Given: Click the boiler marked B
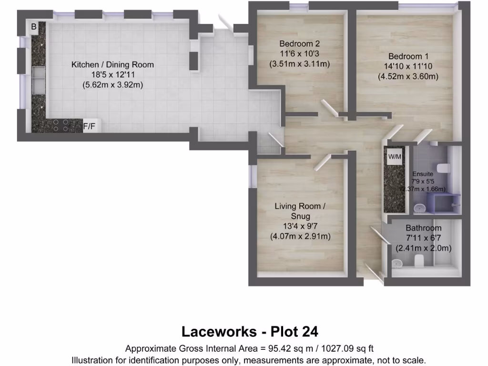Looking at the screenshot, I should click(33, 27).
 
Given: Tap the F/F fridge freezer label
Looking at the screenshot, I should click(89, 126).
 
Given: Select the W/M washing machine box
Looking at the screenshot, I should click(395, 157).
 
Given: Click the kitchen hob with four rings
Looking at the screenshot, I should click(61, 125).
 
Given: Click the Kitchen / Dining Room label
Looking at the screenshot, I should click(112, 64).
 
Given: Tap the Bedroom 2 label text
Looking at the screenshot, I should click(300, 44).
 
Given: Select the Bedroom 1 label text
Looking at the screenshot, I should click(408, 56).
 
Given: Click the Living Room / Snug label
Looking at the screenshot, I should click(300, 211).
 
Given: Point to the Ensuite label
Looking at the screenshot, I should click(423, 174).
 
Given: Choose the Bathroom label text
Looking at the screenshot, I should click(424, 228).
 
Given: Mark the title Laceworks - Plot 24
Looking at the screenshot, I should click(250, 331).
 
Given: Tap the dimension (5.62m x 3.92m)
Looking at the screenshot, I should click(112, 85).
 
